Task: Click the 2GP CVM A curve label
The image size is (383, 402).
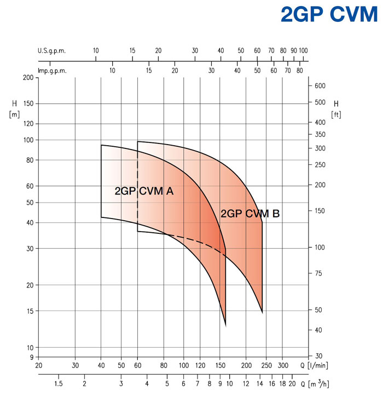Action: (144, 191)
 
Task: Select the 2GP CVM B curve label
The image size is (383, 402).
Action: (250, 214)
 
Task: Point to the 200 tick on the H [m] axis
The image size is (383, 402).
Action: (27, 78)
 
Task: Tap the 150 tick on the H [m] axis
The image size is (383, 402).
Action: (27, 104)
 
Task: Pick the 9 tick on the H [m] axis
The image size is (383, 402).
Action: (30, 357)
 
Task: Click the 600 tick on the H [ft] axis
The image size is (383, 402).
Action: (320, 86)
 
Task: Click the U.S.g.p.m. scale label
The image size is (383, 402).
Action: (52, 50)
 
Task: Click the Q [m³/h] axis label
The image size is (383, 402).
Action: (317, 384)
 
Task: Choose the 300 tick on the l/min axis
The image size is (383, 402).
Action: (283, 365)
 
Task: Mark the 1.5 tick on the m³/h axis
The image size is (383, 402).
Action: (59, 384)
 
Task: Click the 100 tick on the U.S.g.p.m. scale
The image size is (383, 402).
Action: (303, 50)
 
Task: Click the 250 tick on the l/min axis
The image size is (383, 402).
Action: (266, 365)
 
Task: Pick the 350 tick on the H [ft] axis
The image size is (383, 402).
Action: (320, 134)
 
